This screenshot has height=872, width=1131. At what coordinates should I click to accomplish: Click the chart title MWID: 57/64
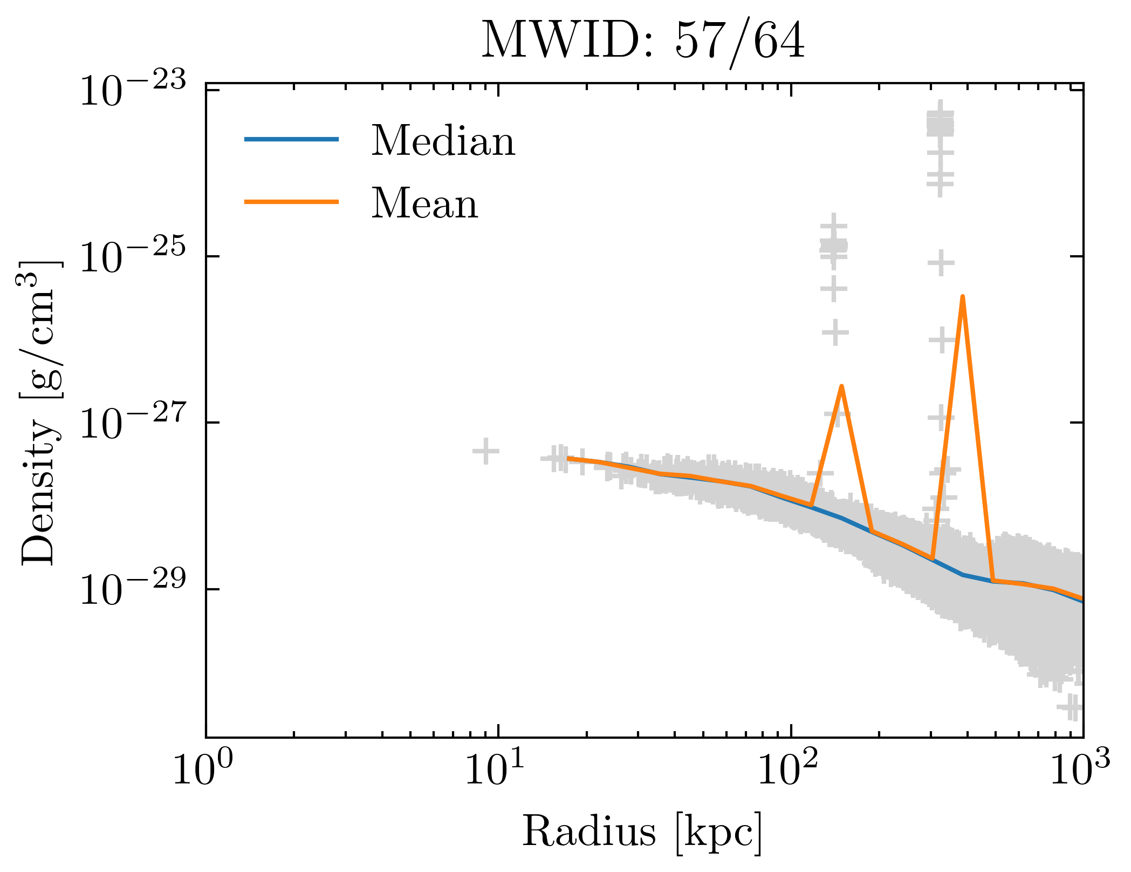click(x=643, y=41)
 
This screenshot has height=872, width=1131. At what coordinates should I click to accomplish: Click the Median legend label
click(x=443, y=141)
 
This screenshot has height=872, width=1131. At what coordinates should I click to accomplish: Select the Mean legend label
click(x=424, y=203)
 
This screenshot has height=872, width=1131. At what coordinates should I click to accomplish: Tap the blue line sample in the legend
click(x=291, y=139)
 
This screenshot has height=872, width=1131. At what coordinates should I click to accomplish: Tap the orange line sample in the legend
click(x=291, y=202)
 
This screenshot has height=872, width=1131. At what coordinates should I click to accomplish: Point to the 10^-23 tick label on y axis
click(x=133, y=92)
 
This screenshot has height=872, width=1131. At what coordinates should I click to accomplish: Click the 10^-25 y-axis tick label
click(x=133, y=258)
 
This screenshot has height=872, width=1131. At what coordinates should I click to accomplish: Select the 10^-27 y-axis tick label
click(x=133, y=425)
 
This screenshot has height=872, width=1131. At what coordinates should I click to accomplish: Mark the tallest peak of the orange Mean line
click(x=962, y=297)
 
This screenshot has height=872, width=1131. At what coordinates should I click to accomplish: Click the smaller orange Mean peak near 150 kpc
click(x=841, y=386)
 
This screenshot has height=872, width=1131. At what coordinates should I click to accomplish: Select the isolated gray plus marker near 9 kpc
click(x=485, y=451)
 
